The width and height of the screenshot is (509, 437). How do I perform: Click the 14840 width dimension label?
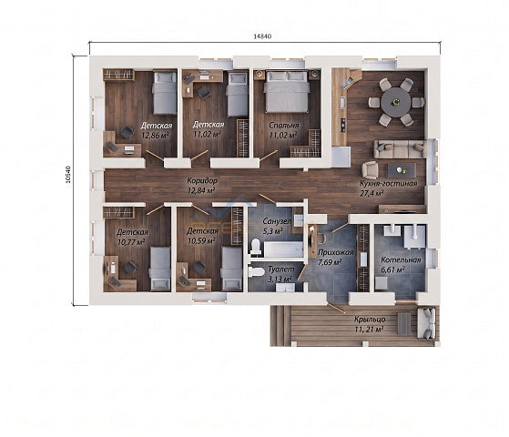pos(262,36)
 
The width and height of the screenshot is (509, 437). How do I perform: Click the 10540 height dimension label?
pos(68,175)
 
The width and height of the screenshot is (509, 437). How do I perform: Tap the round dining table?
pos(396,102)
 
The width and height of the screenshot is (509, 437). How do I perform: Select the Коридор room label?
pos(202,180)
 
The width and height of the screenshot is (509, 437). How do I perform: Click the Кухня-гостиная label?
pos(388,184)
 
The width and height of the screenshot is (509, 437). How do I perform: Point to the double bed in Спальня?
pos(286,92)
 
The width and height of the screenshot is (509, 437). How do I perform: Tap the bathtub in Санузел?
pos(283,249)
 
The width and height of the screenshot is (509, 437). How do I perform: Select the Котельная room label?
pos(401,260)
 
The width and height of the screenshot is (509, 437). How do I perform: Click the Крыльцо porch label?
pos(370,320)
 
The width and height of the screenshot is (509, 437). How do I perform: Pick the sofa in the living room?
pos(399,149)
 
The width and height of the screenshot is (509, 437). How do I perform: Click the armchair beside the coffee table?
pos(370,169)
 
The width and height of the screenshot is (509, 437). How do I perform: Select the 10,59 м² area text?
pos(201,241)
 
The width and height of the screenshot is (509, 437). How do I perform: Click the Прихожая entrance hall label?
pos(335,252)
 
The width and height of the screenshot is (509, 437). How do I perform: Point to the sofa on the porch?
pos(426,323)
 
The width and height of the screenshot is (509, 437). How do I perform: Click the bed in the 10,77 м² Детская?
pos(159,269)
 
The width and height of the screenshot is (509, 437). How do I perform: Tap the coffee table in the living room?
pos(402,170)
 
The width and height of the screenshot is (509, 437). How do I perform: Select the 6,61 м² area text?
pos(392,269)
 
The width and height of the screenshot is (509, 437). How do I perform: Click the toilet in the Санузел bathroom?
pos(256,247)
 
